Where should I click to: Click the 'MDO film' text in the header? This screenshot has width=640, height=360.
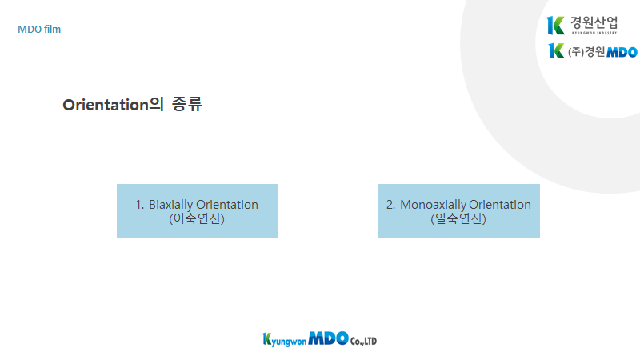click(39, 30)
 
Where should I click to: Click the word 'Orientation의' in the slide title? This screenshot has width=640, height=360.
click(113, 105)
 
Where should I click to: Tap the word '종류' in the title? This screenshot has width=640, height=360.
click(187, 104)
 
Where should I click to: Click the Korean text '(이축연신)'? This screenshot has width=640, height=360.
click(197, 218)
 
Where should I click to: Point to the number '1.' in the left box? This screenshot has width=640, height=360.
click(139, 205)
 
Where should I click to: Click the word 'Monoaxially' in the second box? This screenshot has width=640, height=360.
click(433, 205)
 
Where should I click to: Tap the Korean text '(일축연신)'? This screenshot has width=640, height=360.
click(458, 218)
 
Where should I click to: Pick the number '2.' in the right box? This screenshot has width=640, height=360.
click(390, 205)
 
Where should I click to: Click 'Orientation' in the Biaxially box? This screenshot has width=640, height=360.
click(227, 205)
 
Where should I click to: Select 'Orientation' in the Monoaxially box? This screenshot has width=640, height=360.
click(500, 205)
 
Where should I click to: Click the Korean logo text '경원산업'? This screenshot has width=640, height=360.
click(594, 22)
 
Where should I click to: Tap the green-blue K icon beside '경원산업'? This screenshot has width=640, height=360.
click(555, 26)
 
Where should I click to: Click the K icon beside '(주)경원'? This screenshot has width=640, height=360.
click(556, 50)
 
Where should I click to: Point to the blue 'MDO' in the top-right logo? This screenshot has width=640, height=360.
click(622, 52)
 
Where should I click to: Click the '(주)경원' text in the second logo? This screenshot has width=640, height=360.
click(586, 52)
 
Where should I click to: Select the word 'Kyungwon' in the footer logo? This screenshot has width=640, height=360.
click(285, 339)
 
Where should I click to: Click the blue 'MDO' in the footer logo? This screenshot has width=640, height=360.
click(329, 338)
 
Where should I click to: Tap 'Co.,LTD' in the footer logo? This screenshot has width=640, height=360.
click(363, 342)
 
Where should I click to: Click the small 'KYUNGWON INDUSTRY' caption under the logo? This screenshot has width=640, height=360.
click(594, 33)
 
